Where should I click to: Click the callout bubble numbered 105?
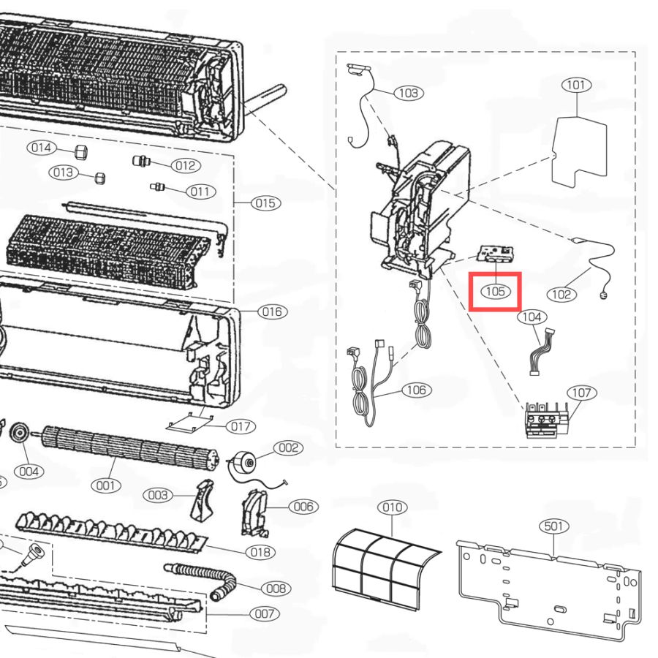[495, 291]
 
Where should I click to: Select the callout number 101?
[576, 85]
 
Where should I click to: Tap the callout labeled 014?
[41, 148]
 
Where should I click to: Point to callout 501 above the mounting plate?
[554, 526]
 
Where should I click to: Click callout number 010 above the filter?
[393, 507]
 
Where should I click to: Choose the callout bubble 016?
[272, 311]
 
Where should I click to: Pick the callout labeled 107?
[582, 393]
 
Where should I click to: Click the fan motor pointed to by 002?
[243, 463]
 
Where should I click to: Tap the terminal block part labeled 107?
[545, 420]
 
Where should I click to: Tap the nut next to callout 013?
[99, 178]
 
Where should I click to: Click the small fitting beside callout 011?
[157, 186]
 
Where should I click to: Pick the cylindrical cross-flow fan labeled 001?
[129, 448]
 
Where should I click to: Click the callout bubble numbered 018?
[260, 552]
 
